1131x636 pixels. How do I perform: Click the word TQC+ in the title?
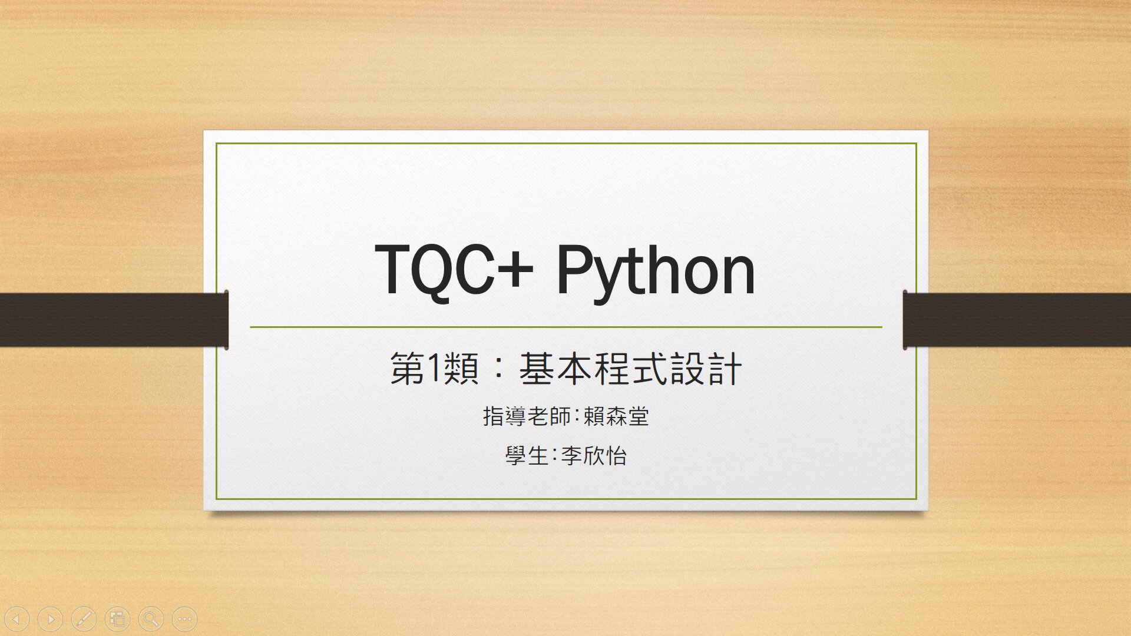pos(454,270)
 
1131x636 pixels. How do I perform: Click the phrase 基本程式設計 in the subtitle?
pos(630,369)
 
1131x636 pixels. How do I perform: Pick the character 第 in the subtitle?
pos(408,369)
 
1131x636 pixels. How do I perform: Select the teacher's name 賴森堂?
pos(616,416)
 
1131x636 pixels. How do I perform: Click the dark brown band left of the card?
pos(114,320)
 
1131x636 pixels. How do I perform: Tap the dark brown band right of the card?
pos(1017,320)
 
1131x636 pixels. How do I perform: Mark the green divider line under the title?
pos(566,327)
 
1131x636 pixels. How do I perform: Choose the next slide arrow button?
pos(50,619)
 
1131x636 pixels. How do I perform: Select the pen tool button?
pos(84,619)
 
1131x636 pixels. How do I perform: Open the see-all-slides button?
pos(117,619)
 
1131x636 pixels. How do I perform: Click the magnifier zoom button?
pos(151,619)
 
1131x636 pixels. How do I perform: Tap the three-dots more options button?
pos(184,619)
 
